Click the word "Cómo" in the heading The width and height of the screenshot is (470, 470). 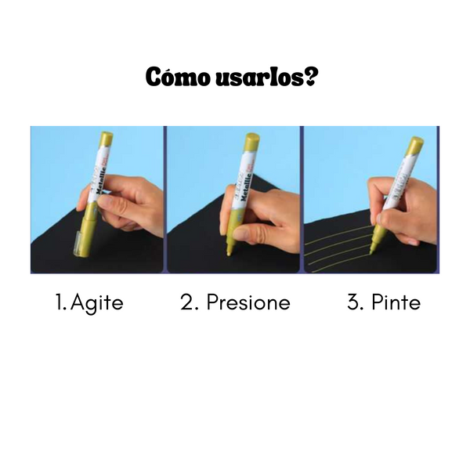click(166, 78)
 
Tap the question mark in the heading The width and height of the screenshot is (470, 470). click(310, 78)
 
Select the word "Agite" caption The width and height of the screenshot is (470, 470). click(97, 303)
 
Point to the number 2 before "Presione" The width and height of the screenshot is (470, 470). click(188, 303)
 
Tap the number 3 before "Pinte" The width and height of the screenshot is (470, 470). click(354, 303)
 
